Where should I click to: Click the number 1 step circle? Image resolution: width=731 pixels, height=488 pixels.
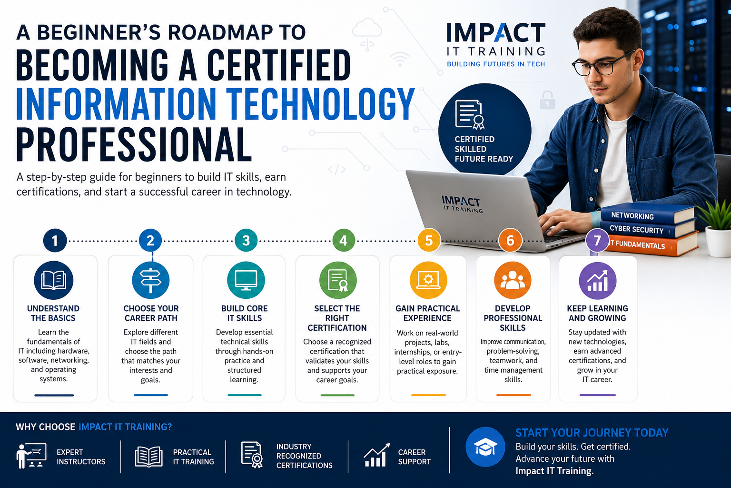55,240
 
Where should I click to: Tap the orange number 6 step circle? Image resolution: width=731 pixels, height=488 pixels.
510,240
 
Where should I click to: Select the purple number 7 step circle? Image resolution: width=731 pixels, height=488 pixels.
597,240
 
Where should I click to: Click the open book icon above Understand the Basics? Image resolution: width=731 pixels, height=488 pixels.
53,280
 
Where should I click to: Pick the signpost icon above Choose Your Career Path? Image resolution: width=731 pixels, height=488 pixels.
150,280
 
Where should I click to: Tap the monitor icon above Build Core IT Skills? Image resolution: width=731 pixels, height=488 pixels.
246,280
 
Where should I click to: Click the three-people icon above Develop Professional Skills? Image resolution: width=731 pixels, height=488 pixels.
513,280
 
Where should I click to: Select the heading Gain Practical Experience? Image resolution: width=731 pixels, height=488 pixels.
427,313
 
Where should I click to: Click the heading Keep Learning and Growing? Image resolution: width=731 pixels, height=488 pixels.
597,313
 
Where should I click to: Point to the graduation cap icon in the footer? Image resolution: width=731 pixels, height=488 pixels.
485,447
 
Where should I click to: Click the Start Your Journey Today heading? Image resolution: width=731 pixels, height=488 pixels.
592,432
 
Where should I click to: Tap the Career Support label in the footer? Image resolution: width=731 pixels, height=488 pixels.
415,457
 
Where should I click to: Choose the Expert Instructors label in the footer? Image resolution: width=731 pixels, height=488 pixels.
81,457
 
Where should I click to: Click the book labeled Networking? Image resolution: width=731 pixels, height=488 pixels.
648,214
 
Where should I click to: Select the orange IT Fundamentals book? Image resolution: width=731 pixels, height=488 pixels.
652,244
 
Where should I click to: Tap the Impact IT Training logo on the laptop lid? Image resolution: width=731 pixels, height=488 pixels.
462,204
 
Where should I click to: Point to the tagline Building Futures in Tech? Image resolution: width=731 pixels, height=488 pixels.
496,64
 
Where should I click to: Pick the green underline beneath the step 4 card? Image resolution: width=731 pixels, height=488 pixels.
337,395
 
